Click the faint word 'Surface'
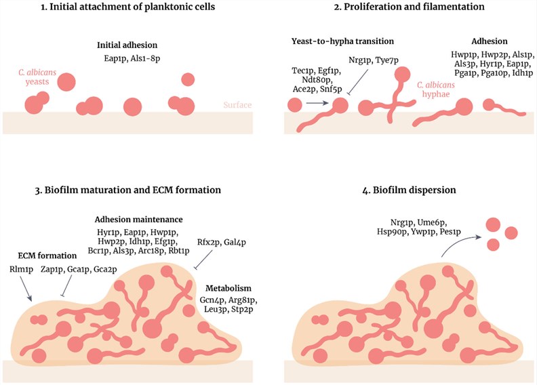[237, 105]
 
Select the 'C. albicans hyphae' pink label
[437, 90]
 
